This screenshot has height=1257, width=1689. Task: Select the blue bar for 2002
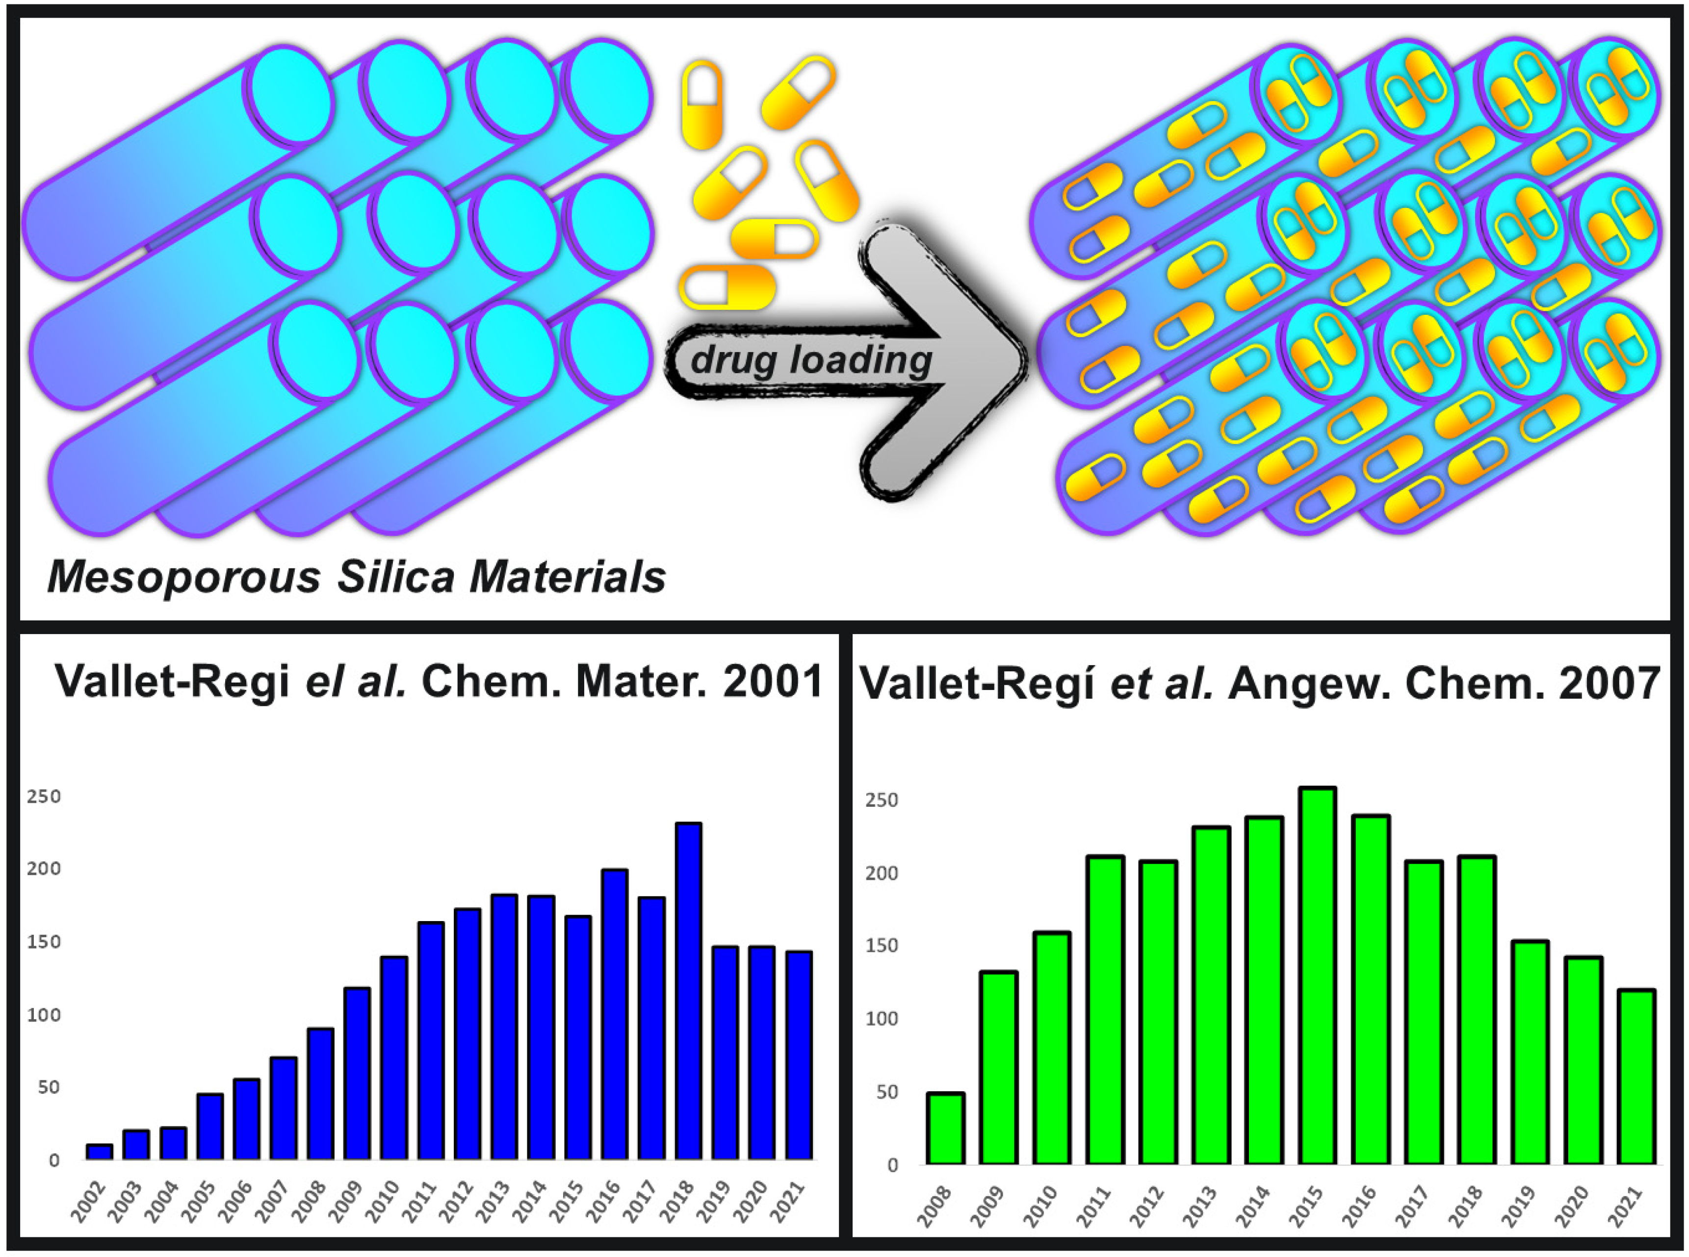coord(99,1151)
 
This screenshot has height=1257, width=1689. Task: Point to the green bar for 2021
coord(1637,1077)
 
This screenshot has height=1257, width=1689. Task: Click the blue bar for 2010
coord(393,1058)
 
